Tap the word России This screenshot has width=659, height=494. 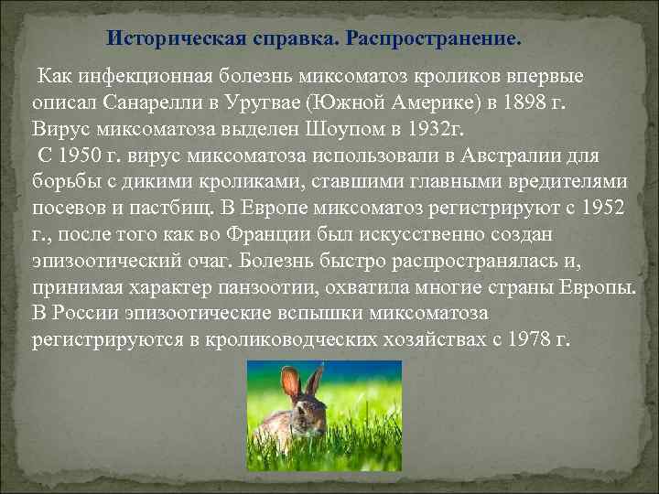[x=89, y=315]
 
